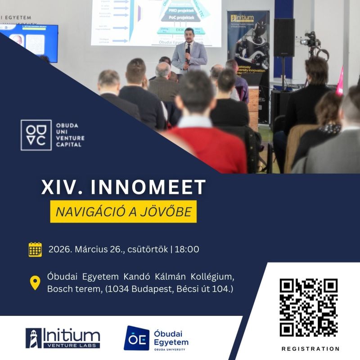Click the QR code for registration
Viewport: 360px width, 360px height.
(308, 307)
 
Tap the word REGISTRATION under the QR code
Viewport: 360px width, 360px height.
(310, 349)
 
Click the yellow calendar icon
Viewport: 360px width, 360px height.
(35, 249)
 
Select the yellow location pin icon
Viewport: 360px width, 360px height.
(35, 282)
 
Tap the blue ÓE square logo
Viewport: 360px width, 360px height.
(136, 338)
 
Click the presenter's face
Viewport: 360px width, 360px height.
(189, 36)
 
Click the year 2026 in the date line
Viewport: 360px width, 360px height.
(58, 249)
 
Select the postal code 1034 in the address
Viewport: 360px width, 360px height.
(118, 288)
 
